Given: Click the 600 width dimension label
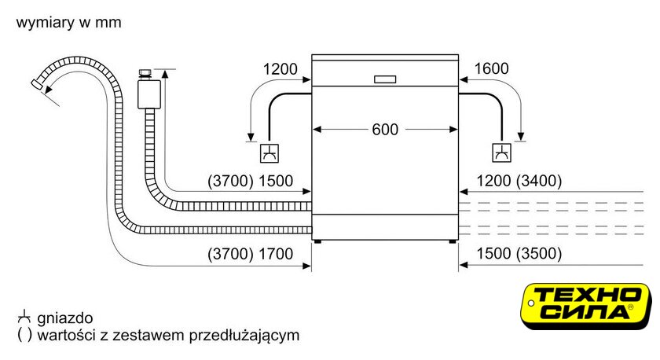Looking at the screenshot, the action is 385,129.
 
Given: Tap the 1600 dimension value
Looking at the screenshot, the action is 491,68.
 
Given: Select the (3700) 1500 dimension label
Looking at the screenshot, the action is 250,181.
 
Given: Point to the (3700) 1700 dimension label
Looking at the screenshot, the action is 250,254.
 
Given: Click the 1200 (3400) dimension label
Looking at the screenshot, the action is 519,181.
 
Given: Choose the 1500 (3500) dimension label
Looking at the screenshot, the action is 519,253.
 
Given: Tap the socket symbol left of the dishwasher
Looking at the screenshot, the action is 269,152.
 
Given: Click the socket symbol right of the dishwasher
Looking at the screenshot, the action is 502,152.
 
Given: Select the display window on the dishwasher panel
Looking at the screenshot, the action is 385,79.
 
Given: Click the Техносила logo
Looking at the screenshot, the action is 585,306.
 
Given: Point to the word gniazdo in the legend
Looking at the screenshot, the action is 64,318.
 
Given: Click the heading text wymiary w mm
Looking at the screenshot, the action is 68,22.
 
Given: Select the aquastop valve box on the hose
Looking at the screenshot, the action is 149,94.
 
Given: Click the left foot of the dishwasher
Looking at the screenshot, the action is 317,241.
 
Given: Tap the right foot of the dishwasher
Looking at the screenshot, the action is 452,241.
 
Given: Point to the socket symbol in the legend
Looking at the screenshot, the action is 25,317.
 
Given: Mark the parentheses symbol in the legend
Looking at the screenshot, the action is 24,336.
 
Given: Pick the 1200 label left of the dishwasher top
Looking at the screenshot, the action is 280,69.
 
